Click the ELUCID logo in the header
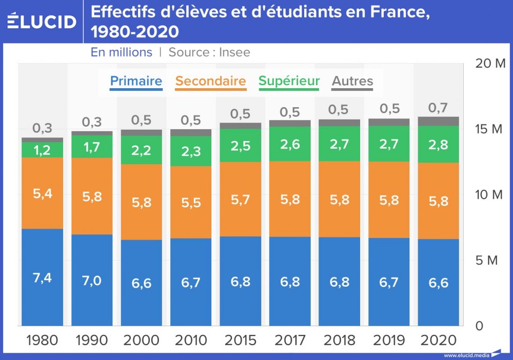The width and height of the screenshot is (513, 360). click(42, 22)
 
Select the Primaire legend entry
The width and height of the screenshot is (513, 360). click(136, 81)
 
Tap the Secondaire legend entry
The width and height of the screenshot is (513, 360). click(210, 81)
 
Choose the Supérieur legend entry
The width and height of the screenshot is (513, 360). click(289, 81)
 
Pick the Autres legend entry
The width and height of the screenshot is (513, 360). click(352, 81)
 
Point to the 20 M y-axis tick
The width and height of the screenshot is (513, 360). click(490, 64)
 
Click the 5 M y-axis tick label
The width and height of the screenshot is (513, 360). click(487, 261)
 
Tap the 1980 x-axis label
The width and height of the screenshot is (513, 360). click(42, 341)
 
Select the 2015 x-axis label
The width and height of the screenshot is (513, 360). click(240, 341)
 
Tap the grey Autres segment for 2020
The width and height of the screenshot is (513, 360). click(439, 121)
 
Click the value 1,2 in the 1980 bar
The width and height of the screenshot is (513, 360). click(42, 150)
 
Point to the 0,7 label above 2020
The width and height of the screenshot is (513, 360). click(439, 108)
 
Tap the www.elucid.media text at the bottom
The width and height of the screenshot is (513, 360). click(466, 355)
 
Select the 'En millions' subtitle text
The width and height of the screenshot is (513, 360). click(122, 52)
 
